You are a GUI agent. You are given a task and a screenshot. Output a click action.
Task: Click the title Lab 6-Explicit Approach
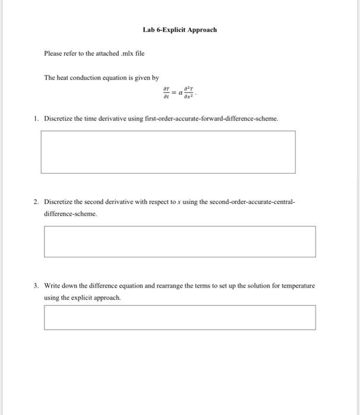180,30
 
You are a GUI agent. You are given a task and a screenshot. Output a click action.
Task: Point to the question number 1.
36,119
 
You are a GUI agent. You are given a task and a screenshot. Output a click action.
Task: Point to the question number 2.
36,202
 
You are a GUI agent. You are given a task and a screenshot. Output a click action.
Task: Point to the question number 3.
36,286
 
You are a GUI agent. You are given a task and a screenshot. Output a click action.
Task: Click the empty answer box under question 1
168,152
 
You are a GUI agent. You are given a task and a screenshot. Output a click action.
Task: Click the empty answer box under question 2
180,241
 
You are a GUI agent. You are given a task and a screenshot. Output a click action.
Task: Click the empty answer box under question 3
180,317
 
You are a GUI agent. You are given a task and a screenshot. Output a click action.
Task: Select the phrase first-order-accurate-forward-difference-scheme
211,119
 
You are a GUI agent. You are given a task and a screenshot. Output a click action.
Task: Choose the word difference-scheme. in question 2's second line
70,214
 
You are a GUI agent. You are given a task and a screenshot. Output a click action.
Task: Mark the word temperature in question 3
297,286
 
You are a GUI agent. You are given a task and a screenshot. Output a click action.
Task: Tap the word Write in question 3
53,286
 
